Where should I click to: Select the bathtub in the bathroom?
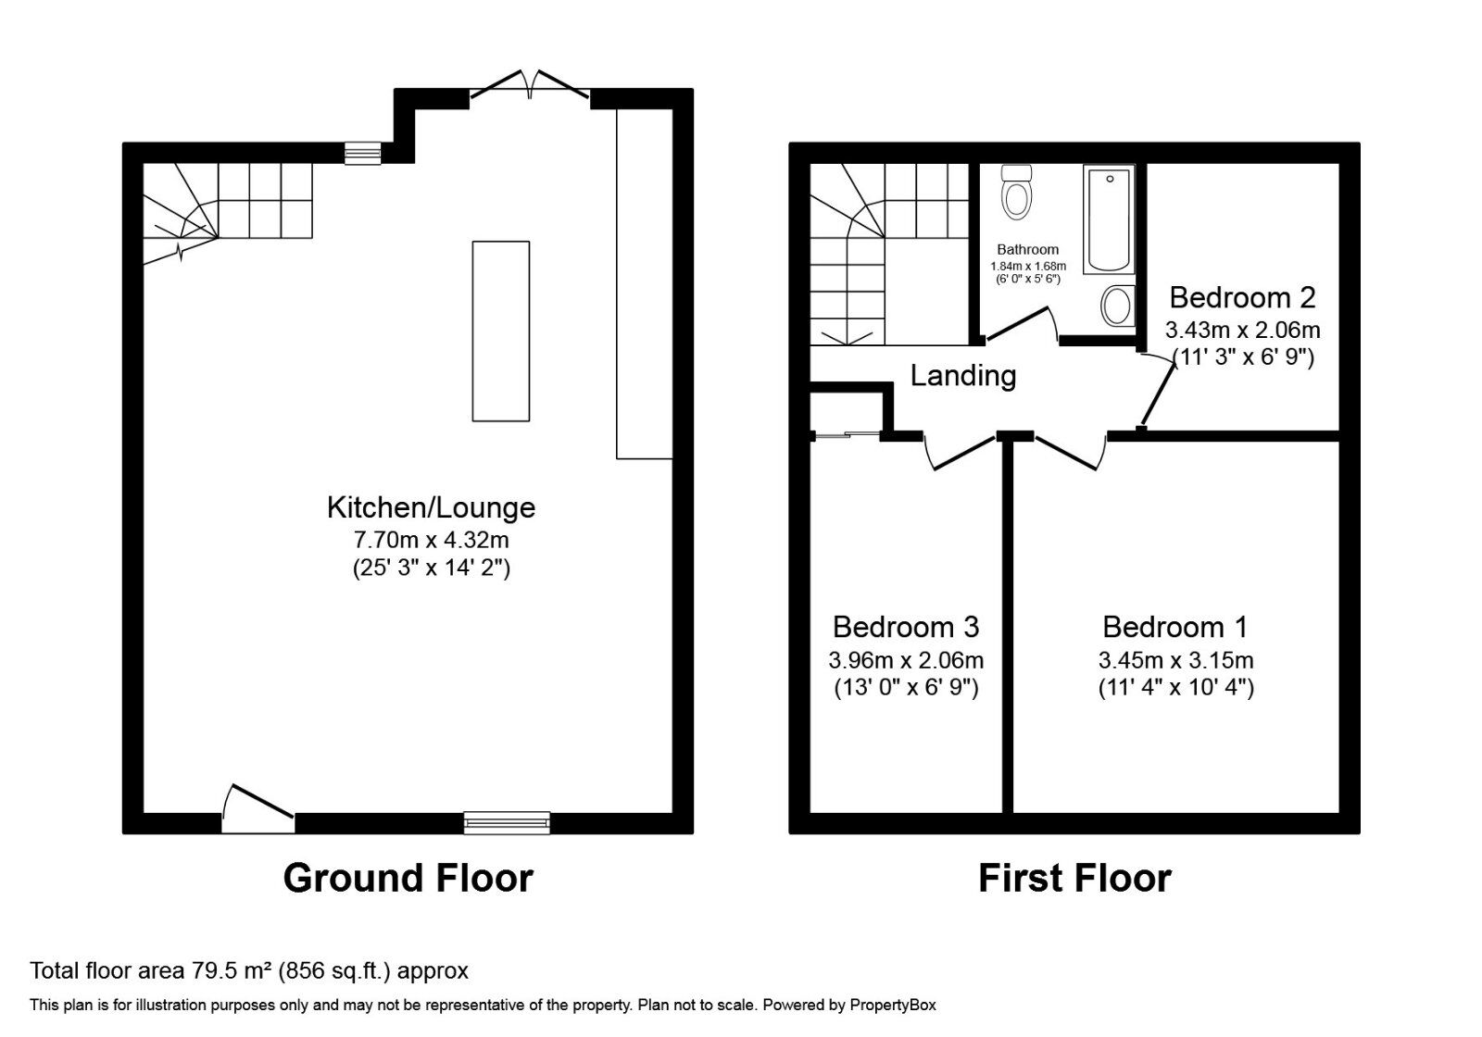point(1109,219)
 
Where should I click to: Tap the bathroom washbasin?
point(1118,306)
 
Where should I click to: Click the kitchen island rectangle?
point(501,331)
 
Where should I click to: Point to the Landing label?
point(962,376)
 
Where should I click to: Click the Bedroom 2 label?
point(1242,297)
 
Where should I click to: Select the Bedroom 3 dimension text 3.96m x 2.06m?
point(906,660)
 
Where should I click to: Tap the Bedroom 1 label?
point(1175,627)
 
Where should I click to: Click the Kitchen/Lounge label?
point(431,507)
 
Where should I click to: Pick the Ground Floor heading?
point(408,879)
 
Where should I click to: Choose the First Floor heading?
point(1074,879)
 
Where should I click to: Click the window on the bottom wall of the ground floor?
point(507,823)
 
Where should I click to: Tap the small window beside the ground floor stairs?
point(362,154)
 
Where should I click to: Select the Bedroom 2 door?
point(1158,390)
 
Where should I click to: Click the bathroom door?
point(1019,324)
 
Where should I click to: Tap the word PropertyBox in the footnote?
point(893,1006)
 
